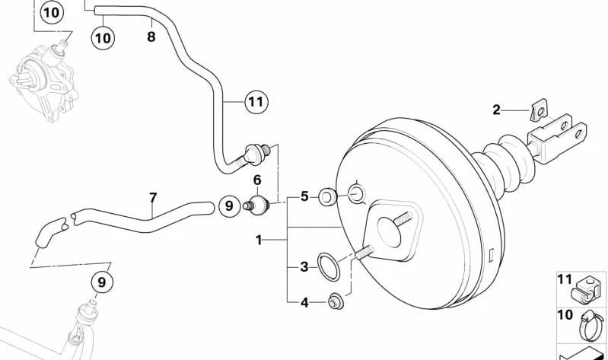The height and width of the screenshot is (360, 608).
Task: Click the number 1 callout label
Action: point(259,241)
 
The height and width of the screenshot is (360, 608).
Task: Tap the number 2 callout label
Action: point(496,110)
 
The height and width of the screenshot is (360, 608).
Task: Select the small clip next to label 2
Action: point(539,109)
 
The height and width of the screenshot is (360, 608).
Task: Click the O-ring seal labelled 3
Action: point(329,266)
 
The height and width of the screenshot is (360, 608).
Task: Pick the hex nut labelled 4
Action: point(336,302)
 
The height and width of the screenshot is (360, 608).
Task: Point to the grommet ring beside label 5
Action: point(327,196)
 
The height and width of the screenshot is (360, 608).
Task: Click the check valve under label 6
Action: point(256,205)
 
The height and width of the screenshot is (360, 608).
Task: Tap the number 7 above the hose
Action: point(153,198)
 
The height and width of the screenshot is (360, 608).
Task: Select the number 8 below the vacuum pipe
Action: point(151,37)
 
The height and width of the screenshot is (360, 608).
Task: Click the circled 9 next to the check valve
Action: point(229,205)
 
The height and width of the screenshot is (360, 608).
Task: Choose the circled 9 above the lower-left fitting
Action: point(102,282)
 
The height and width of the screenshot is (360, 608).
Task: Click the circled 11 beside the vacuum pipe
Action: point(256,102)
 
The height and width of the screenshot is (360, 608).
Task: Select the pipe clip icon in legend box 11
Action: point(584,290)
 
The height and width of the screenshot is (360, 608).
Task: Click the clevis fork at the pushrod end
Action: point(557,135)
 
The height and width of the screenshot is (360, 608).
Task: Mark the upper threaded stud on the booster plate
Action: point(403,218)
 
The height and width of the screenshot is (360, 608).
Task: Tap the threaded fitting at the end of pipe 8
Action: point(256,152)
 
